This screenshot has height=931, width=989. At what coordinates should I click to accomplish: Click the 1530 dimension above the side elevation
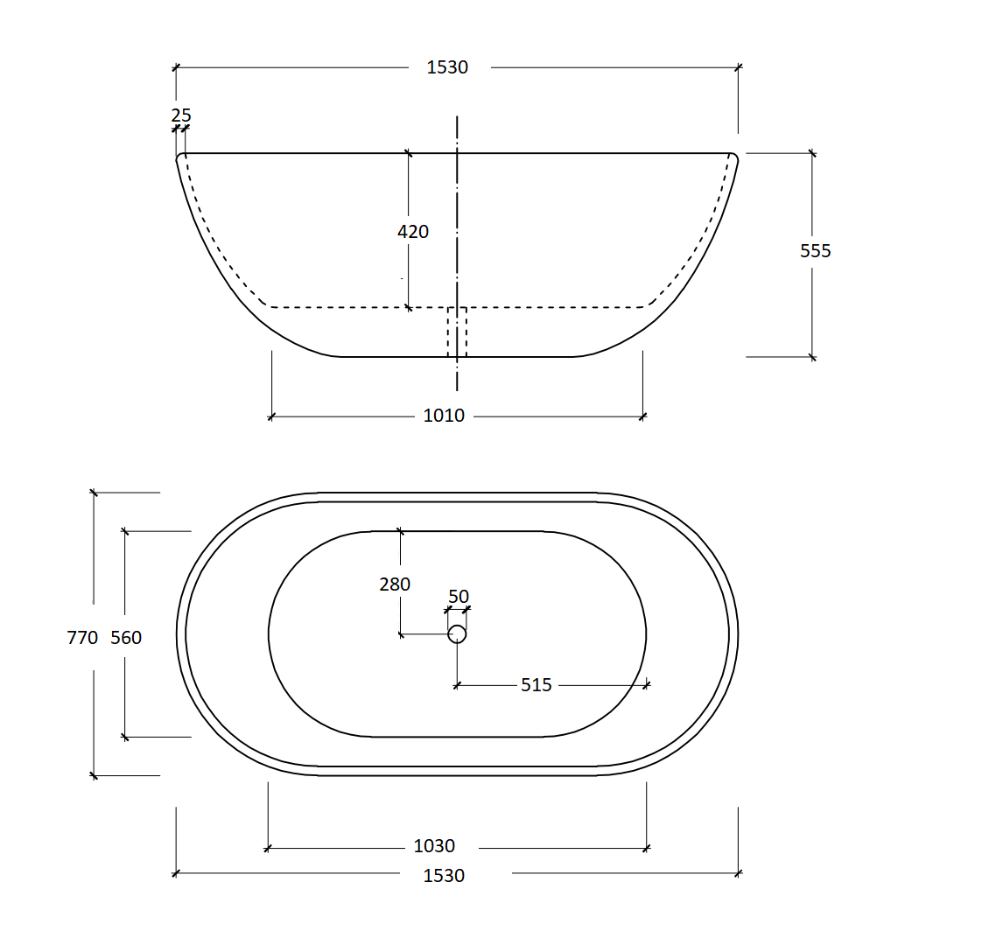coord(447,67)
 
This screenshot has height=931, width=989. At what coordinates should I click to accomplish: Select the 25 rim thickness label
coord(181,115)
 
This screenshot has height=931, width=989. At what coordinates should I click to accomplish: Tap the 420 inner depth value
coord(413,232)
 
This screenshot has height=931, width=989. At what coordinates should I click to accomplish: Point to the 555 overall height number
coord(815,251)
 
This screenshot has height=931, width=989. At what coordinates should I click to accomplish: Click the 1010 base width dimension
coord(444,416)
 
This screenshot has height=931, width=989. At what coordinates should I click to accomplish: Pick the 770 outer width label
coord(82,638)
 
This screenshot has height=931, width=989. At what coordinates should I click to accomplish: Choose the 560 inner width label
coord(126,638)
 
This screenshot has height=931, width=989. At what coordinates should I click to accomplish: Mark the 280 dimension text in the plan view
coord(395,584)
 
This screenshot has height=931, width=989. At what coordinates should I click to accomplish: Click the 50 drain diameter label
coord(459,598)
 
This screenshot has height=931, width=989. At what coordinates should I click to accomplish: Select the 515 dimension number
coord(536,685)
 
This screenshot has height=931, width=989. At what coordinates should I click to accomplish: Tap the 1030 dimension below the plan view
coord(434,846)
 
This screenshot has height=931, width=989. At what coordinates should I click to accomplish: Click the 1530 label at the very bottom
coord(444,875)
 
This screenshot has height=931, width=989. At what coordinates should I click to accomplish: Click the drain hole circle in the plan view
coord(457,634)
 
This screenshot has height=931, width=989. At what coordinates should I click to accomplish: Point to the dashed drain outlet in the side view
coord(457,332)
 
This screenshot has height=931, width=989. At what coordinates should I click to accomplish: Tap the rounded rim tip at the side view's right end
coord(733,158)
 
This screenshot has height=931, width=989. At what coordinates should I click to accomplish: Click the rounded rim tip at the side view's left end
coord(181,158)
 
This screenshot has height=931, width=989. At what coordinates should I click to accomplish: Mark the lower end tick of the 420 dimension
coord(409,307)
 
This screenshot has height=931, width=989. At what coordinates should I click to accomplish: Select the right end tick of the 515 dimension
coord(647,684)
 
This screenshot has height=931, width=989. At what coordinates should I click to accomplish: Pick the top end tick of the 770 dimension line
coord(94,493)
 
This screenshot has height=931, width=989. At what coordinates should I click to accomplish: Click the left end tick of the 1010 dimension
coord(271,416)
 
